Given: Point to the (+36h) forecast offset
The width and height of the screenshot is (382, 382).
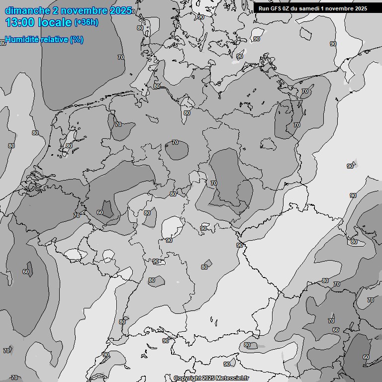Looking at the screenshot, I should [x=86, y=22].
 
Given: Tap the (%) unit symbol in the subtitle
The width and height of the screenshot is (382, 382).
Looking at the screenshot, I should [x=77, y=40].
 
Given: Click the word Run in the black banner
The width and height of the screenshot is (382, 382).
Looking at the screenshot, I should [x=264, y=8].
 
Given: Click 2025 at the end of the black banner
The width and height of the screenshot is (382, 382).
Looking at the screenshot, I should [x=361, y=8].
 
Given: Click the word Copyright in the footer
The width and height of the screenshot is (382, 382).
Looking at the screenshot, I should [x=188, y=378].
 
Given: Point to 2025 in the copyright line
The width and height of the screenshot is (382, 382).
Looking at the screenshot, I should [x=210, y=378].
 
